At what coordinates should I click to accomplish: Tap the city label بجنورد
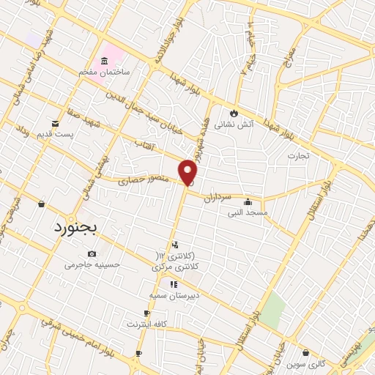pos(75,227)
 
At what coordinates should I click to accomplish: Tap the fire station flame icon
pos(234,114)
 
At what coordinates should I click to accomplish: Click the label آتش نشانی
pos(234,125)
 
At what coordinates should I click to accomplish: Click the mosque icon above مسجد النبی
pos(248,202)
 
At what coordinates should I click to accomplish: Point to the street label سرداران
pos(217,198)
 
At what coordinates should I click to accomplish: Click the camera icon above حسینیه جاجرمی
pos(92,253)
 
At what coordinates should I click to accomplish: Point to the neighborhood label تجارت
pos(298,156)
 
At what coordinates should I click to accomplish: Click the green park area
pos(272,310)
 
